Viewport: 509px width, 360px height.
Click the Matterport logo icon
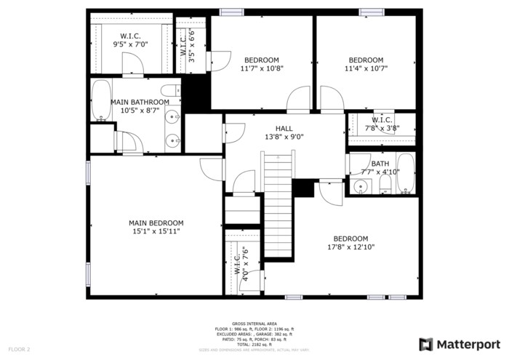coord(426,343)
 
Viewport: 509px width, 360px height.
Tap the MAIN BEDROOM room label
coord(156,223)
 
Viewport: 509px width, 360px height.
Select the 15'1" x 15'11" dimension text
coord(156,232)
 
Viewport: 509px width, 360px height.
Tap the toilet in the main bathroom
coord(169,91)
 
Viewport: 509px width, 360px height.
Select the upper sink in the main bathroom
coord(173,115)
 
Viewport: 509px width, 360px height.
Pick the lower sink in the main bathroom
coord(173,140)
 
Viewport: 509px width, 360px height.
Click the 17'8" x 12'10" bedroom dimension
coord(350,247)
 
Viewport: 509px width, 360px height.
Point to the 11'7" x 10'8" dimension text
coord(262,68)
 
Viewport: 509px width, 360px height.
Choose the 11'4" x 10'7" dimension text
coord(366,68)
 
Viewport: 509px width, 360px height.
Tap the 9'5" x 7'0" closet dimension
coord(130,44)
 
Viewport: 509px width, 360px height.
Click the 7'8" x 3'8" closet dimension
coord(382,128)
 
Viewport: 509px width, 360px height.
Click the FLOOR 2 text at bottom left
coord(19,350)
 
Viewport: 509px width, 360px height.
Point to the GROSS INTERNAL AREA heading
coord(254,323)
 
